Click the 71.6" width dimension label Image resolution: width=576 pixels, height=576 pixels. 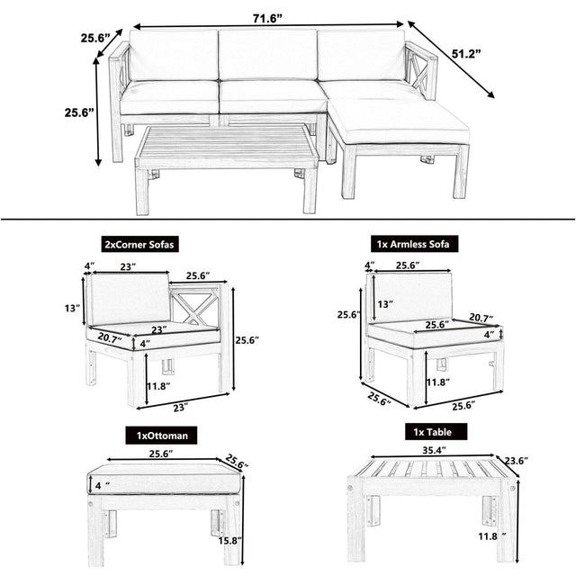click(268, 17)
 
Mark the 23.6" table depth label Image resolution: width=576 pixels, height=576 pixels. click(515, 461)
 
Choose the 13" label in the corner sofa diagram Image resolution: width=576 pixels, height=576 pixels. click(72, 309)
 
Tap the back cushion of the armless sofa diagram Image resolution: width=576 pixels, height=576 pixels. click(413, 298)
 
